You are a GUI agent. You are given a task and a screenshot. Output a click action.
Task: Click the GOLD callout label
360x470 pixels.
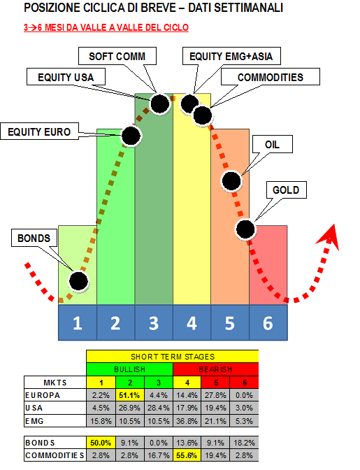click(287, 190)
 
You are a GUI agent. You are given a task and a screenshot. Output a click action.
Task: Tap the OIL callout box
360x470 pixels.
click(272, 144)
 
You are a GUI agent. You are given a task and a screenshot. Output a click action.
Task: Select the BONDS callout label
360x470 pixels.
click(34, 238)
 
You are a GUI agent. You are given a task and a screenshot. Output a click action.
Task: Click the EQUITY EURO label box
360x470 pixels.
click(39, 131)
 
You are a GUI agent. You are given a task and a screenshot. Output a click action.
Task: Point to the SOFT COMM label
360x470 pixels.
click(117, 56)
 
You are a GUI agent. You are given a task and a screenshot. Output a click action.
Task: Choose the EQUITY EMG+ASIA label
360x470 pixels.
click(231, 56)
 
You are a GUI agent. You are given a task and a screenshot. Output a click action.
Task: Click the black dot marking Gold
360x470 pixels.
click(245, 229)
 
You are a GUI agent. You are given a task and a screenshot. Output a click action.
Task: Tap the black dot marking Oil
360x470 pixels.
click(231, 181)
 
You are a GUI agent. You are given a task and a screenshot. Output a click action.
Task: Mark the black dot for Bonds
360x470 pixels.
click(79, 281)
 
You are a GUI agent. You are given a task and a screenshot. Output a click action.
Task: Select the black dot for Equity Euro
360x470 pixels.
click(131, 136)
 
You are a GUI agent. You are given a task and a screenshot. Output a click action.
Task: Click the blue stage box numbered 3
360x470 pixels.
click(154, 322)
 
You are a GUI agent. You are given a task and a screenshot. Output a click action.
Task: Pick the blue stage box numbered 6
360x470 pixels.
click(268, 322)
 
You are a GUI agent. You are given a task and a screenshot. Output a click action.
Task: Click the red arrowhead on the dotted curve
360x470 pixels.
click(329, 236)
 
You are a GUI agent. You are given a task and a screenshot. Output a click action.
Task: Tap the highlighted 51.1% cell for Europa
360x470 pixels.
click(129, 395)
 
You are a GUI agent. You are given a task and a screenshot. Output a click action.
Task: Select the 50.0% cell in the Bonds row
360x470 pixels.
click(101, 443)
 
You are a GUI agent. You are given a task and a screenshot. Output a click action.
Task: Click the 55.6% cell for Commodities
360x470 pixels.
click(187, 455)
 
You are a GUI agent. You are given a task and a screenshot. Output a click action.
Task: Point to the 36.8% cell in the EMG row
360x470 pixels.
click(187, 421)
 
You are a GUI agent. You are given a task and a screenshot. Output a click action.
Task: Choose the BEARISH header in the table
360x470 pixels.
click(215, 369)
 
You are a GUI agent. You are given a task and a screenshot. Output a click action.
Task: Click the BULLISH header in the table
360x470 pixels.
click(130, 369)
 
